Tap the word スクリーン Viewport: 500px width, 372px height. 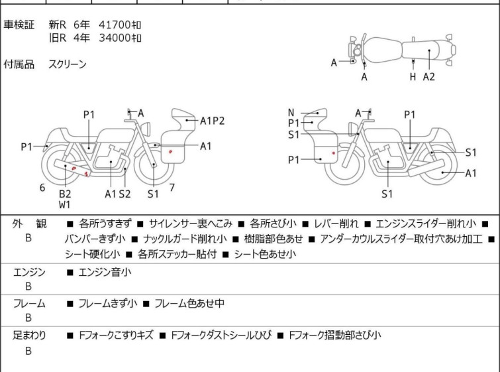point(68,64)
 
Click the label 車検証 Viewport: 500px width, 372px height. point(19,25)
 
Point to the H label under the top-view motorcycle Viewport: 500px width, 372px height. point(413,77)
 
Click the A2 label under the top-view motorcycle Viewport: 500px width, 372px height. point(429,77)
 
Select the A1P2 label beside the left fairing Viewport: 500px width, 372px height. point(212,121)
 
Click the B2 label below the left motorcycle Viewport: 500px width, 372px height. point(65,194)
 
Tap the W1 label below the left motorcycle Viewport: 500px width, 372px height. point(64,205)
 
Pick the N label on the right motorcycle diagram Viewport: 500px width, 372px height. point(291,113)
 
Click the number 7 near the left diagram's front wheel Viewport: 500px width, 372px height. point(172,188)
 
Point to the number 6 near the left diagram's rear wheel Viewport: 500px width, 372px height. point(42,188)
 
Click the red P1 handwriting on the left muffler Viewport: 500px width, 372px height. point(80,171)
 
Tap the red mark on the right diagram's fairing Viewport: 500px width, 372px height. point(334,153)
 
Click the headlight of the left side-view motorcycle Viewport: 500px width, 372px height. point(146,129)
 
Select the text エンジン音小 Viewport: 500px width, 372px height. point(105,272)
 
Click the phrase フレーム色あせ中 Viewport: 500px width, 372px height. point(189,303)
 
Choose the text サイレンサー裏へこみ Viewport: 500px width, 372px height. point(190,223)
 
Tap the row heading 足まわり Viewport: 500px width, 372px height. point(29,336)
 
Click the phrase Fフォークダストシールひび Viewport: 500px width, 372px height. point(222,336)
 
